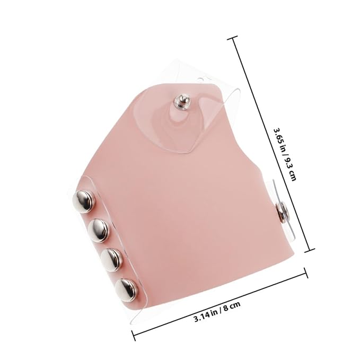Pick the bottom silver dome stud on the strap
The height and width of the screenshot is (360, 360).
[x=127, y=289]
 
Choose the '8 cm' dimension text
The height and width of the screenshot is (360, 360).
[x=231, y=306]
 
